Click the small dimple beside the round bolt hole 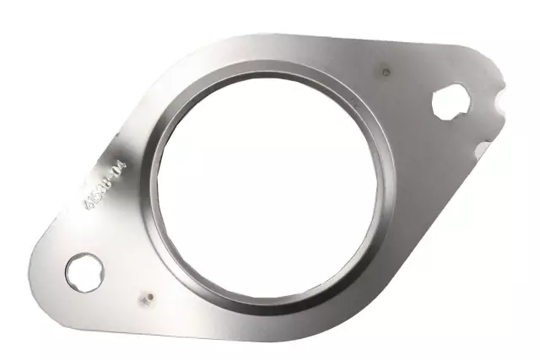pyautogui.click(x=145, y=298)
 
